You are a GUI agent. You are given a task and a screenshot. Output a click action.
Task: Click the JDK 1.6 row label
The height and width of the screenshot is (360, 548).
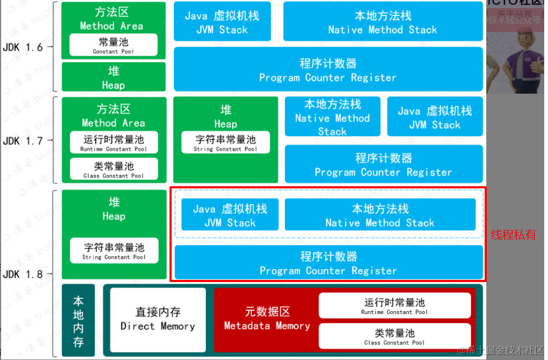coord(23,47)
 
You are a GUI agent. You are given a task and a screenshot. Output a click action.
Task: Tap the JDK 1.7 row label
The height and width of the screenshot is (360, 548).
coord(23,141)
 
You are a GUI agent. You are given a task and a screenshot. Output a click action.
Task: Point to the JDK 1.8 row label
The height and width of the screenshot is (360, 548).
coord(23,274)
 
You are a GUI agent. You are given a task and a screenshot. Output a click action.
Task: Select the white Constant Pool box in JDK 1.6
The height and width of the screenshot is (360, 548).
coord(113,45)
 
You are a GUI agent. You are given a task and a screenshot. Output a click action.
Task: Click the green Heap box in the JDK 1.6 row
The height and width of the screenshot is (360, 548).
coord(113,77)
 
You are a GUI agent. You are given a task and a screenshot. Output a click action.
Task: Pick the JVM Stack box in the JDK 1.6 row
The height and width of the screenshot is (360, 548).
coord(222,22)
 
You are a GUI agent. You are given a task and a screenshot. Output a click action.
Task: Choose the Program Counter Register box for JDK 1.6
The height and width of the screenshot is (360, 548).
coord(328,70)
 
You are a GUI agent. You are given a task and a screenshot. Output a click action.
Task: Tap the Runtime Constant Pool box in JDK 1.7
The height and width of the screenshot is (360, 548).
coord(113,142)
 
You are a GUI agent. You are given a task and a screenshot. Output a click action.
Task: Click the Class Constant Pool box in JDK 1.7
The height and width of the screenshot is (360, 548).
coord(113,169)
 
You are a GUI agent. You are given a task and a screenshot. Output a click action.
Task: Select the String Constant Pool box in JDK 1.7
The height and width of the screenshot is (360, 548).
coord(226,142)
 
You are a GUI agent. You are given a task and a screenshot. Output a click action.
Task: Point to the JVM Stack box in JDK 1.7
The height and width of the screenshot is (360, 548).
coord(435,117)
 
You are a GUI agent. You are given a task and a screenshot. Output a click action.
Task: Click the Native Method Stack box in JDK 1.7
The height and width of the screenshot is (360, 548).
coord(332,117)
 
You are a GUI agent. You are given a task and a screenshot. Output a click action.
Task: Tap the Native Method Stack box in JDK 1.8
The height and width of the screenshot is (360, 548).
coord(380,215)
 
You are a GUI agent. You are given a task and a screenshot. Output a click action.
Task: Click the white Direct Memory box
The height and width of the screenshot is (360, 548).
coord(158,319)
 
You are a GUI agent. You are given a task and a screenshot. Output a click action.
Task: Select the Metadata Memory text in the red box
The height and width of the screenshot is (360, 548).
coord(267,319)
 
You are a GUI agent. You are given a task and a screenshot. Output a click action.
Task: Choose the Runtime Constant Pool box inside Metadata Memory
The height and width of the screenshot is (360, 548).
coord(394,306)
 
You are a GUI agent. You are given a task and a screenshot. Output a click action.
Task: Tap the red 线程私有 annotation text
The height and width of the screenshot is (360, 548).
coord(513,235)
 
